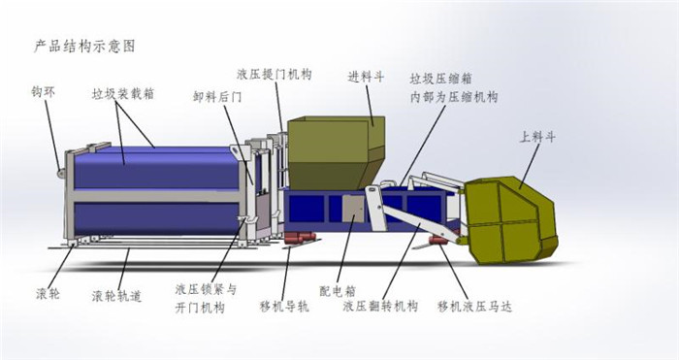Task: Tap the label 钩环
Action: pos(42,94)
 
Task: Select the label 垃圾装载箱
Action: pos(123,94)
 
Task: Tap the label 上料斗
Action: pos(538,137)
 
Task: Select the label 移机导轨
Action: pos(284,308)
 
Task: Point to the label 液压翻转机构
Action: pos(380,307)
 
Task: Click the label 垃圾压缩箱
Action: pos(441,79)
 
